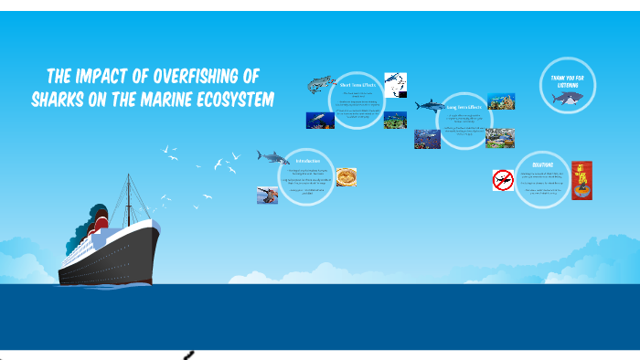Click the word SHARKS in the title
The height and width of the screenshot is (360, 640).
(62, 99)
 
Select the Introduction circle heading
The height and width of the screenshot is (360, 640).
(308, 162)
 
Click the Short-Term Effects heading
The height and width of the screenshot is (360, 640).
(357, 85)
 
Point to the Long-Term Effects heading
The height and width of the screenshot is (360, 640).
(464, 107)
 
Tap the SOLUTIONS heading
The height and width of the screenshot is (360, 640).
(542, 165)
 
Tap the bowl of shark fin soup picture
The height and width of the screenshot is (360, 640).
(346, 176)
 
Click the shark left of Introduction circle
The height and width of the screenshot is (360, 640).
(272, 157)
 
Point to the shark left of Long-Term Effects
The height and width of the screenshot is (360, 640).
(429, 107)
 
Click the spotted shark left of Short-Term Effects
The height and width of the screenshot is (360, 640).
(320, 87)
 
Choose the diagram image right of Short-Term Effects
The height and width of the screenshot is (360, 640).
(396, 85)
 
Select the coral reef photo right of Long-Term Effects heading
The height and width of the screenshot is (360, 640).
(500, 101)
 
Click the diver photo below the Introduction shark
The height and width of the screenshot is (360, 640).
(268, 195)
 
